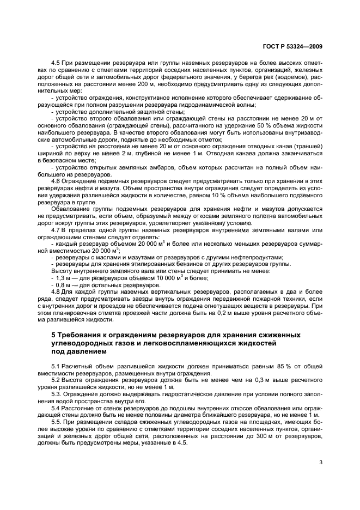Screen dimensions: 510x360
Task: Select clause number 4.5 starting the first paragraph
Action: (56, 63)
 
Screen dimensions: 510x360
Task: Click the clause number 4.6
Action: (56, 180)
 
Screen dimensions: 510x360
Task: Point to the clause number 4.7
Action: (56, 230)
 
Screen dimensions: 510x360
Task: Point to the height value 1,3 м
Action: (62, 278)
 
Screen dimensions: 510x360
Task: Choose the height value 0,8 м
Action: (62, 285)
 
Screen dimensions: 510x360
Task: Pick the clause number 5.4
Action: (56, 407)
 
